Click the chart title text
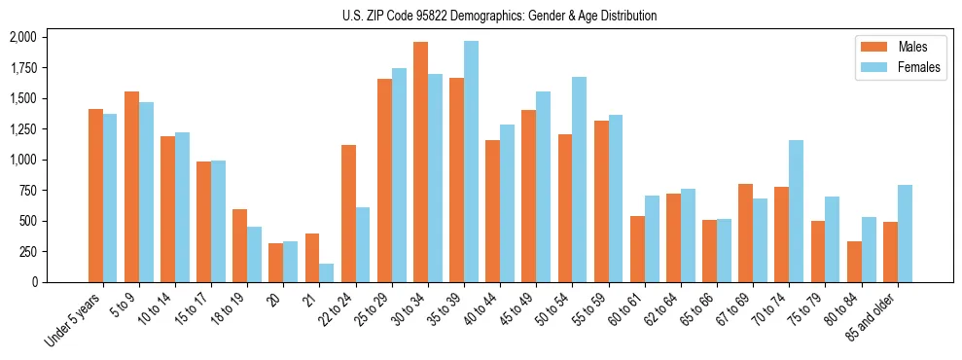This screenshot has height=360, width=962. tap(500, 16)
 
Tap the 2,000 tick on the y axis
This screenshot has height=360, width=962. tap(22, 37)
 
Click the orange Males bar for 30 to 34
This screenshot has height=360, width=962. tap(420, 162)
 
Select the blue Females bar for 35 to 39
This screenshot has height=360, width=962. tap(471, 162)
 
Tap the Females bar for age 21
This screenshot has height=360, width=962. tap(327, 273)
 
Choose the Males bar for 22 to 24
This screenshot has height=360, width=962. tap(348, 213)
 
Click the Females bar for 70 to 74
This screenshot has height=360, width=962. tap(796, 211)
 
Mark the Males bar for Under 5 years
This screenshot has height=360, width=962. tap(95, 196)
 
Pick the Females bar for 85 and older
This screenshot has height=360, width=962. tap(905, 234)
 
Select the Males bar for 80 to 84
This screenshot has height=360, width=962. tap(854, 262)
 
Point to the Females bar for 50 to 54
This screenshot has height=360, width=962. tap(579, 179)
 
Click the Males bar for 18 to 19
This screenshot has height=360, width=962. tap(239, 245)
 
